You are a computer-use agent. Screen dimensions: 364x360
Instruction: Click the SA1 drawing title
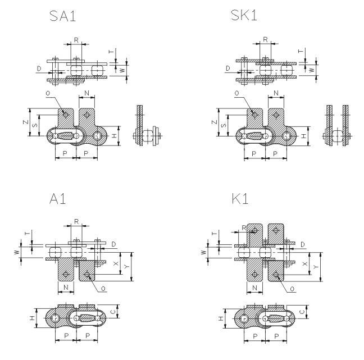(x=63, y=16)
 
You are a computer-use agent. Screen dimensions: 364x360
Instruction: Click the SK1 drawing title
(x=244, y=15)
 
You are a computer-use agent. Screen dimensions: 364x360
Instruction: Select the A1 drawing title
(x=57, y=199)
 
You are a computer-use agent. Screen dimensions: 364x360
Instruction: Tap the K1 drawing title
(x=240, y=199)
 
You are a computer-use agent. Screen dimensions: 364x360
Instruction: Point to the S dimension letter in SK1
(x=224, y=125)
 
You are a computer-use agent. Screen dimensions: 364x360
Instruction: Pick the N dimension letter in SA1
(x=87, y=93)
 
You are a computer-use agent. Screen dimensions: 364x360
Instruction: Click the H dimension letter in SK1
(x=303, y=136)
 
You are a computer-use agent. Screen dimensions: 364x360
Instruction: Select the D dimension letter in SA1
(x=39, y=69)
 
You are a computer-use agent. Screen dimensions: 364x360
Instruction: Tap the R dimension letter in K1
(x=244, y=227)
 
